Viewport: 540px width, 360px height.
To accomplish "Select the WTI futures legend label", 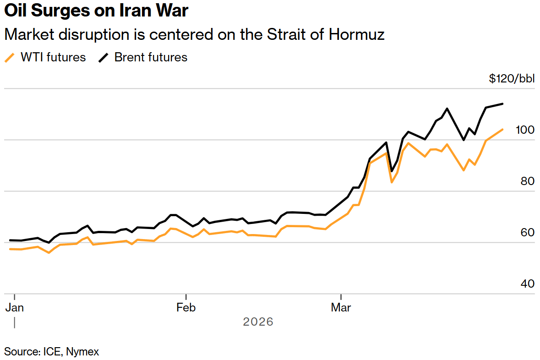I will [x=53, y=57].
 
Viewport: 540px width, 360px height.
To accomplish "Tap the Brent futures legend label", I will [x=151, y=57].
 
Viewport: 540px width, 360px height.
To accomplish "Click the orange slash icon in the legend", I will [x=10, y=58].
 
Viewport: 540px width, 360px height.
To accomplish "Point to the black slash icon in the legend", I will [x=104, y=58].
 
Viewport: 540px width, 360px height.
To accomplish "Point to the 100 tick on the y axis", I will [x=524, y=130].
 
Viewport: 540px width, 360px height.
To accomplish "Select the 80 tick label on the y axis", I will [x=528, y=181].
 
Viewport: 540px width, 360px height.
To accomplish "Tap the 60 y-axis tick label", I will [x=528, y=233].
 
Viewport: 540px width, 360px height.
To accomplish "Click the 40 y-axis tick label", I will [x=528, y=284].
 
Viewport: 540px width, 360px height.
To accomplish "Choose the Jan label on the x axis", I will [x=15, y=307].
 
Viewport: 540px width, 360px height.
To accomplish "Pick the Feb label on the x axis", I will [x=186, y=307].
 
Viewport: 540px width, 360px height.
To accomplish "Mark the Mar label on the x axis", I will [x=341, y=307].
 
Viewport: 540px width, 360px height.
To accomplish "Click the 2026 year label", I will [x=258, y=322].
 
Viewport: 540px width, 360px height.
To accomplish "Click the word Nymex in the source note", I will [x=82, y=352].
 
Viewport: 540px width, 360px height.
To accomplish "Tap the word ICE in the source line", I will [x=52, y=352].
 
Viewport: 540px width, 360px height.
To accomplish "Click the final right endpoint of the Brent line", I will [x=503, y=104].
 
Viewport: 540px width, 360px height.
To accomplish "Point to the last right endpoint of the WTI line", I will [x=503, y=129].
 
